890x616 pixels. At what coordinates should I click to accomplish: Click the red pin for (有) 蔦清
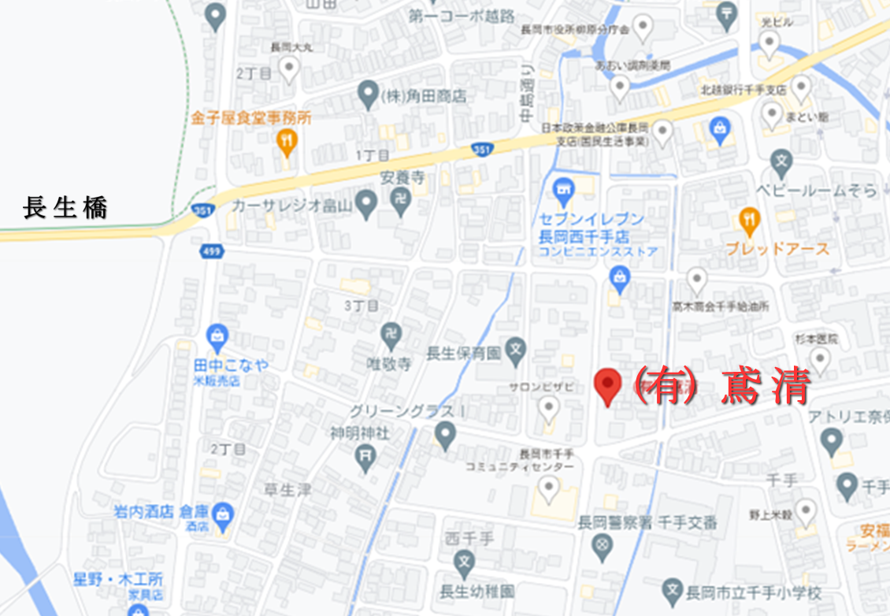[607, 385]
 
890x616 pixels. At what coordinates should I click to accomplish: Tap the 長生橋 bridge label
[65, 209]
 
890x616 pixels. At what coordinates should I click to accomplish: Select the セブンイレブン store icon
[562, 189]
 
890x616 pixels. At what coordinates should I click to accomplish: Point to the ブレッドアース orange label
[778, 249]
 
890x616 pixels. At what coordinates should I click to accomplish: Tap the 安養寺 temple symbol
[401, 202]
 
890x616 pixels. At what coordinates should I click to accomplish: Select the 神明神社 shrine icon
[365, 454]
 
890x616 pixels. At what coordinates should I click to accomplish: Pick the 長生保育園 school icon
[515, 348]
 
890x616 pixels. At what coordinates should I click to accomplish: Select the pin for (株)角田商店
[367, 95]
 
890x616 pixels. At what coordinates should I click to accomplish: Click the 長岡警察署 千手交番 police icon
[603, 544]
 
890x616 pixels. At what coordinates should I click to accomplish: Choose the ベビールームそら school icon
[781, 164]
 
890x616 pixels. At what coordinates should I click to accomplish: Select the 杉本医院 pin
[821, 360]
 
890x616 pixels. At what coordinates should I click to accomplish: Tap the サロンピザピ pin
[549, 407]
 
